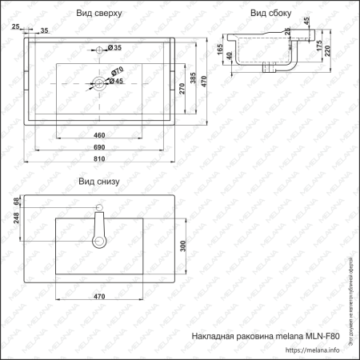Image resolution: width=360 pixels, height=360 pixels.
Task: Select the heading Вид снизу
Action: (98, 182)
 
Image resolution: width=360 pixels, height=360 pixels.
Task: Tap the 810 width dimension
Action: (101, 159)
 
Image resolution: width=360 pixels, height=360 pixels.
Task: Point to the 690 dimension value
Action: (101, 148)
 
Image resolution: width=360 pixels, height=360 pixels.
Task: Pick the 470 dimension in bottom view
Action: (101, 298)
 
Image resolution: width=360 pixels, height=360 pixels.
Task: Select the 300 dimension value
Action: (182, 246)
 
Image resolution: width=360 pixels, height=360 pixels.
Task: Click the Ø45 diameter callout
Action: (114, 82)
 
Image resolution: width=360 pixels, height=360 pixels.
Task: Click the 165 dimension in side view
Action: (219, 51)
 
